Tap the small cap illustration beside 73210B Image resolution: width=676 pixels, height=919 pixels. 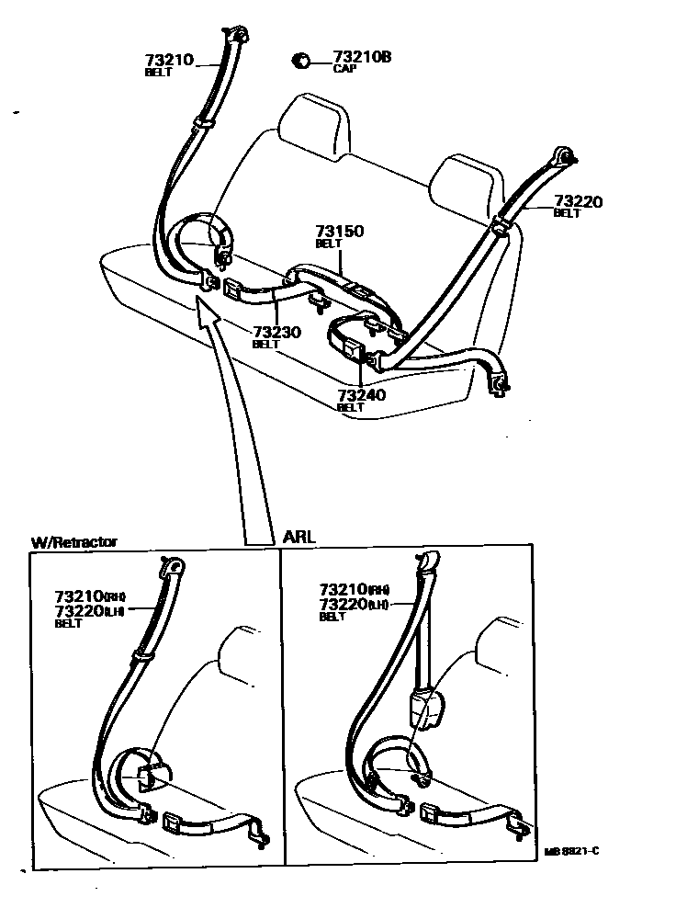[300, 62]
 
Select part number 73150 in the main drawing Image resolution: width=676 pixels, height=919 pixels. [339, 232]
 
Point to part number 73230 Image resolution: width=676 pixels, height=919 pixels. [277, 332]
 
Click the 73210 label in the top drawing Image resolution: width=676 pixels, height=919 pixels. [169, 60]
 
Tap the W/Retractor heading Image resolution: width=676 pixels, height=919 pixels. [74, 542]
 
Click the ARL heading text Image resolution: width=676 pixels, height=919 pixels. [299, 536]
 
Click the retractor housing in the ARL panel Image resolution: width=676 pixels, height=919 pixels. [424, 708]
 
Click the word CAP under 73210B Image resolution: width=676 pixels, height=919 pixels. [344, 69]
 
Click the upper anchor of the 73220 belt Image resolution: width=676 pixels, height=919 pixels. [562, 156]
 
